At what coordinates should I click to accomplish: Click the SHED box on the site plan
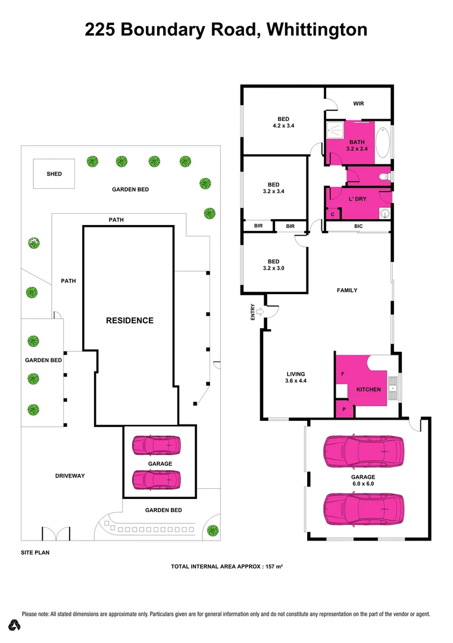pos(54,174)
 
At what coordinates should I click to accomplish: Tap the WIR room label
pos(358,104)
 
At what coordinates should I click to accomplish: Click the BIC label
pos(358,227)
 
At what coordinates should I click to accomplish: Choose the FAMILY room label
pos(347,291)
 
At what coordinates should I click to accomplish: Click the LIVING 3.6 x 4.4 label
pos(296,377)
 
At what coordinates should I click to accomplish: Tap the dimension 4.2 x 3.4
pos(283,126)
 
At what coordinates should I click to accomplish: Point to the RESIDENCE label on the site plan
pos(130,320)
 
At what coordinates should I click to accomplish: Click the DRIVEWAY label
pos(70,476)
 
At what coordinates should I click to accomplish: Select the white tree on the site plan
pos(34,242)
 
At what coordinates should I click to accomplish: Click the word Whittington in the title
pos(317,29)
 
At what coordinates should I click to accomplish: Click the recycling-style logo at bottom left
pos(15,625)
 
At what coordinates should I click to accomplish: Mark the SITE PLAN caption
pos(35,553)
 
